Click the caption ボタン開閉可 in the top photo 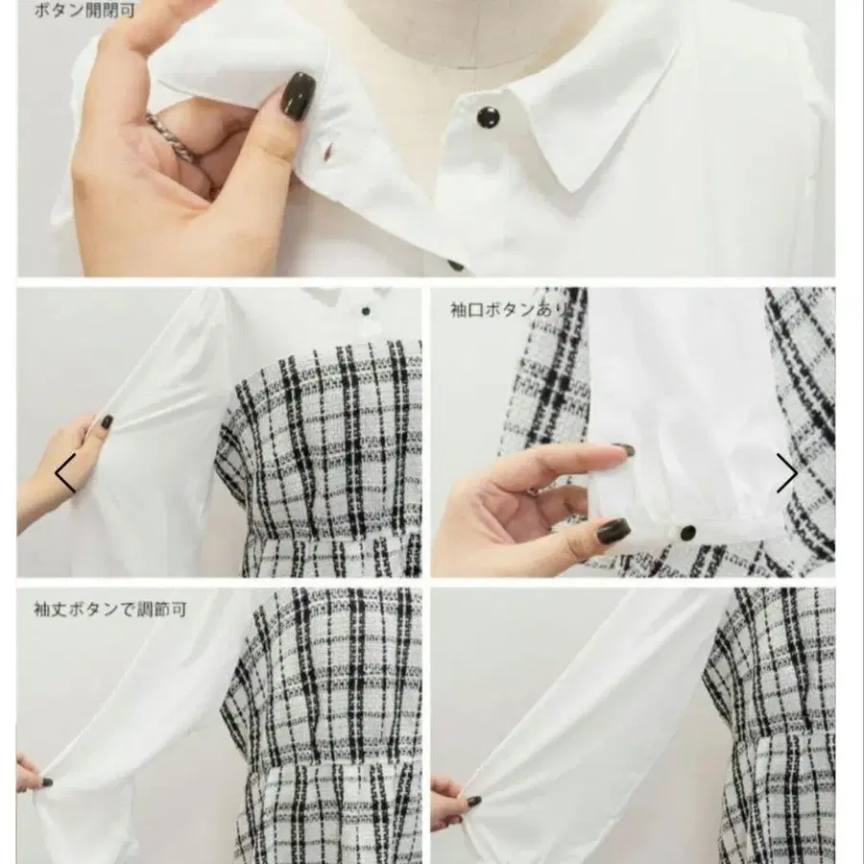pyautogui.click(x=84, y=10)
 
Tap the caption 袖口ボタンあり pyautogui.click(x=509, y=310)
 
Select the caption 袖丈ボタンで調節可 pyautogui.click(x=110, y=609)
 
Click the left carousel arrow pyautogui.click(x=65, y=472)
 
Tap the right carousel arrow pyautogui.click(x=787, y=472)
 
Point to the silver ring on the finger pyautogui.click(x=170, y=136)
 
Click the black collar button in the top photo pyautogui.click(x=488, y=116)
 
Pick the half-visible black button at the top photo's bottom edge pyautogui.click(x=457, y=267)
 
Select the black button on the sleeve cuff pyautogui.click(x=687, y=533)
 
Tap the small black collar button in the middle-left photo pyautogui.click(x=366, y=312)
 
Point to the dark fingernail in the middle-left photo pyautogui.click(x=107, y=421)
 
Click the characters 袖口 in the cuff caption pyautogui.click(x=468, y=310)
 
